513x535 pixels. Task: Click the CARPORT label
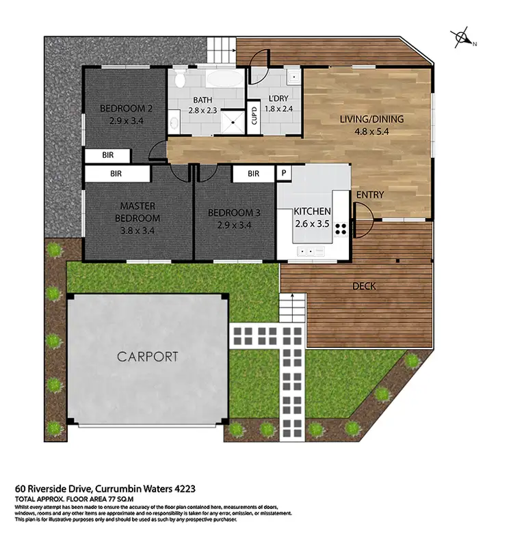click(147, 356)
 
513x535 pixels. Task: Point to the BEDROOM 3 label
click(236, 212)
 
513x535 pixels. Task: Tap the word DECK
click(364, 286)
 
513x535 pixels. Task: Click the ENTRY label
click(369, 195)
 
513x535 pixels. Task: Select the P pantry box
click(283, 174)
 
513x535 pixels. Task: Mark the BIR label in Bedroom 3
click(253, 174)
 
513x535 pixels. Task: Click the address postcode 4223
click(184, 489)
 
